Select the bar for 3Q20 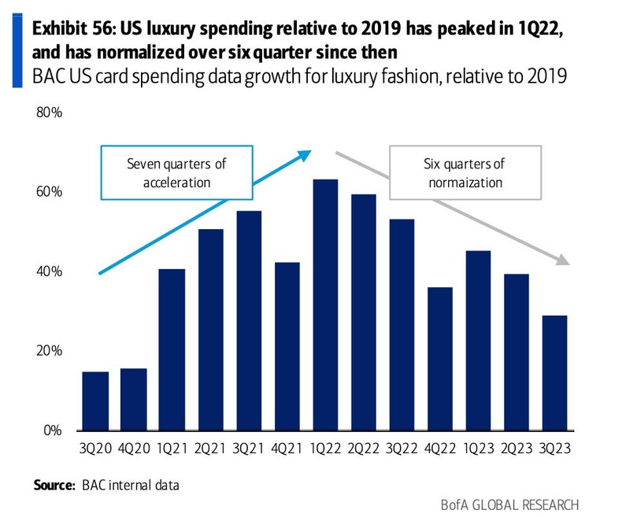[96, 401]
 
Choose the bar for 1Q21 [171, 349]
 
